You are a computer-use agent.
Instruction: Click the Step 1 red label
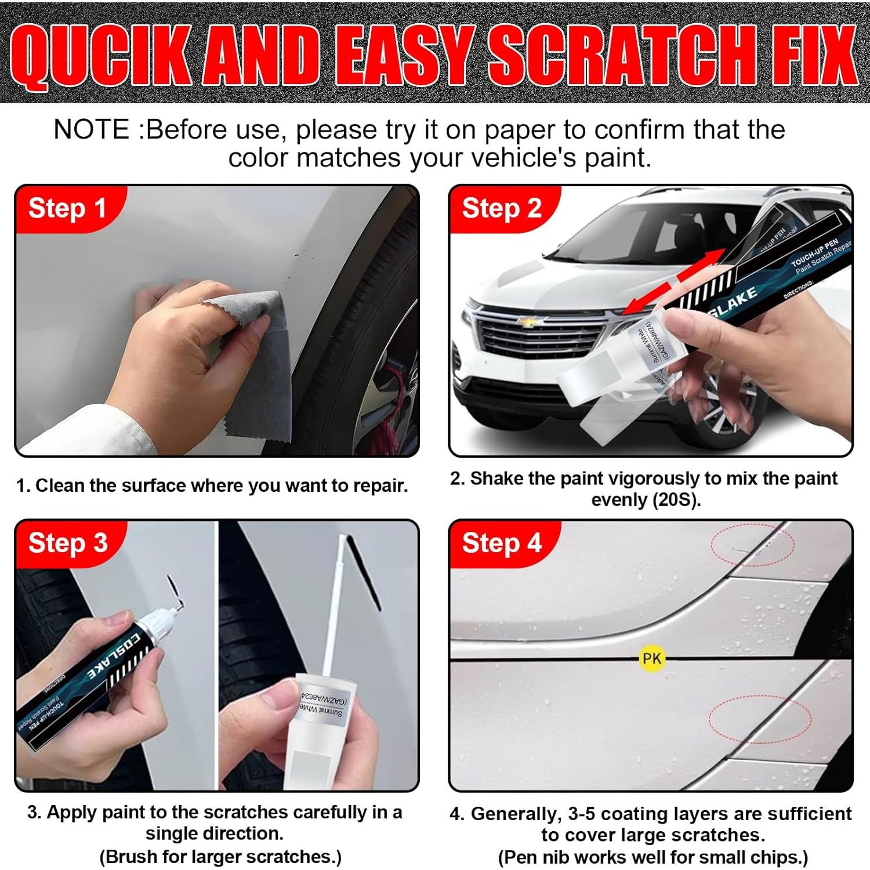click(x=67, y=208)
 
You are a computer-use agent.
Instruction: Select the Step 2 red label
click(x=502, y=208)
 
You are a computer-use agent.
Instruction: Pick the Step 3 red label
click(x=68, y=543)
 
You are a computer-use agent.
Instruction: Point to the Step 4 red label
click(x=502, y=543)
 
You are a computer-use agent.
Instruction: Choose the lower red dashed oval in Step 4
click(x=759, y=719)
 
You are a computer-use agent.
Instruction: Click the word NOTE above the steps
click(x=91, y=129)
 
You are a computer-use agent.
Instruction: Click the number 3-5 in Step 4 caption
click(x=582, y=814)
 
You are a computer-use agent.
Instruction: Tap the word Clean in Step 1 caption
click(x=61, y=485)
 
